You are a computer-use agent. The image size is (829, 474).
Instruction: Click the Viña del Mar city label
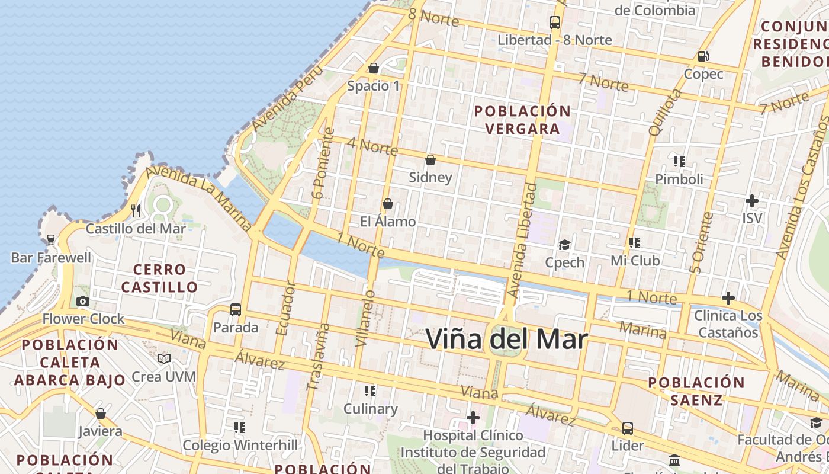506,340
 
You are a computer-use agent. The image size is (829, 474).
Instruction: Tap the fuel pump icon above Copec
703,56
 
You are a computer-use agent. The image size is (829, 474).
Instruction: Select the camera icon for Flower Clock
83,302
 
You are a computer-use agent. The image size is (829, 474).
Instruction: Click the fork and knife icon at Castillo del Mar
136,210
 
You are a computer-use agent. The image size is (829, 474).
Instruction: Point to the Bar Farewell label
52,258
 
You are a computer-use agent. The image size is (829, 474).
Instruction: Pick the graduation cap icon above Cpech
564,245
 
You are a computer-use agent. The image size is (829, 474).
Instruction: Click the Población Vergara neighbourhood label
522,120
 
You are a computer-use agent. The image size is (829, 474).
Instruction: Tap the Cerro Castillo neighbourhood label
159,278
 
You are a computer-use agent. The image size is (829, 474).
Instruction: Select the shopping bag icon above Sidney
430,160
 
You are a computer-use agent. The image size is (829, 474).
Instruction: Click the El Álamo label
388,222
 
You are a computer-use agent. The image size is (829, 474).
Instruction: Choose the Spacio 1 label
374,86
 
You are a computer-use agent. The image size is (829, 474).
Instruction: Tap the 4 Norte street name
372,146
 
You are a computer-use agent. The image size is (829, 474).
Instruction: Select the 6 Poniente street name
324,163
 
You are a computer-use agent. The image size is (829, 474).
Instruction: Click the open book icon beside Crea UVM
164,359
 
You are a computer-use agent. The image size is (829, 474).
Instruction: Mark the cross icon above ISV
751,201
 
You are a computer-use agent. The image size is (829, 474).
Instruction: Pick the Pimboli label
679,179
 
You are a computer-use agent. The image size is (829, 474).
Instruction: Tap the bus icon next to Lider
627,428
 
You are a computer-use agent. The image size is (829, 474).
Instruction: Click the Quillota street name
665,113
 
